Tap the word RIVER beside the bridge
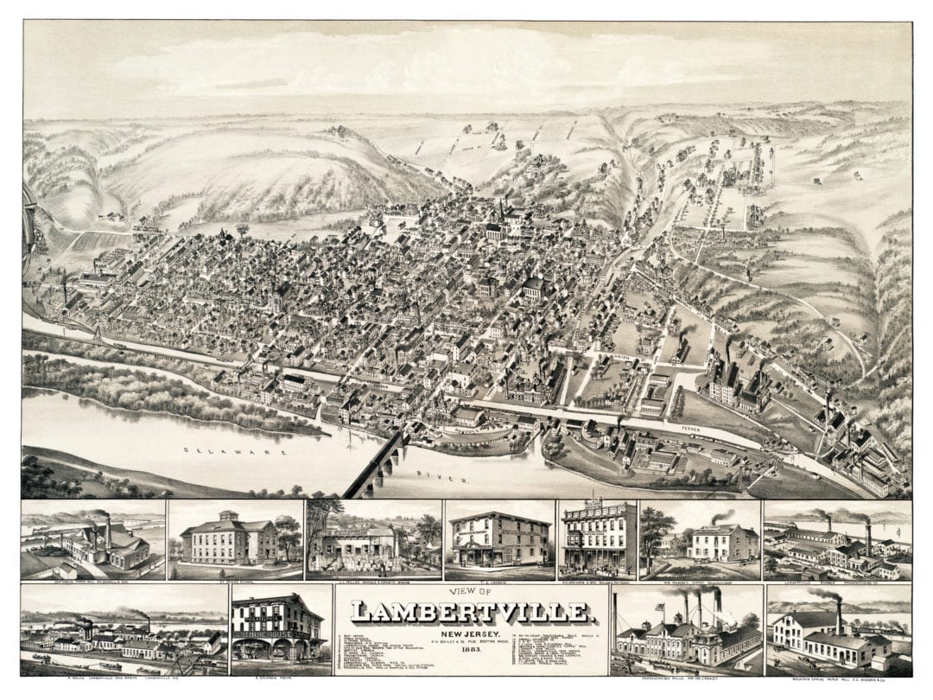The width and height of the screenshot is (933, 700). (x=433, y=475)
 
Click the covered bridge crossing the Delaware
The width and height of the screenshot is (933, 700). (x=377, y=466)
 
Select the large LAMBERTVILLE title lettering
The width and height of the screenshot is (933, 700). (x=472, y=613)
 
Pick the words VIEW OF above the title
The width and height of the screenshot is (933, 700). (x=472, y=592)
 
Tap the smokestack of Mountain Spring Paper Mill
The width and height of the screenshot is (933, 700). (x=838, y=615)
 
